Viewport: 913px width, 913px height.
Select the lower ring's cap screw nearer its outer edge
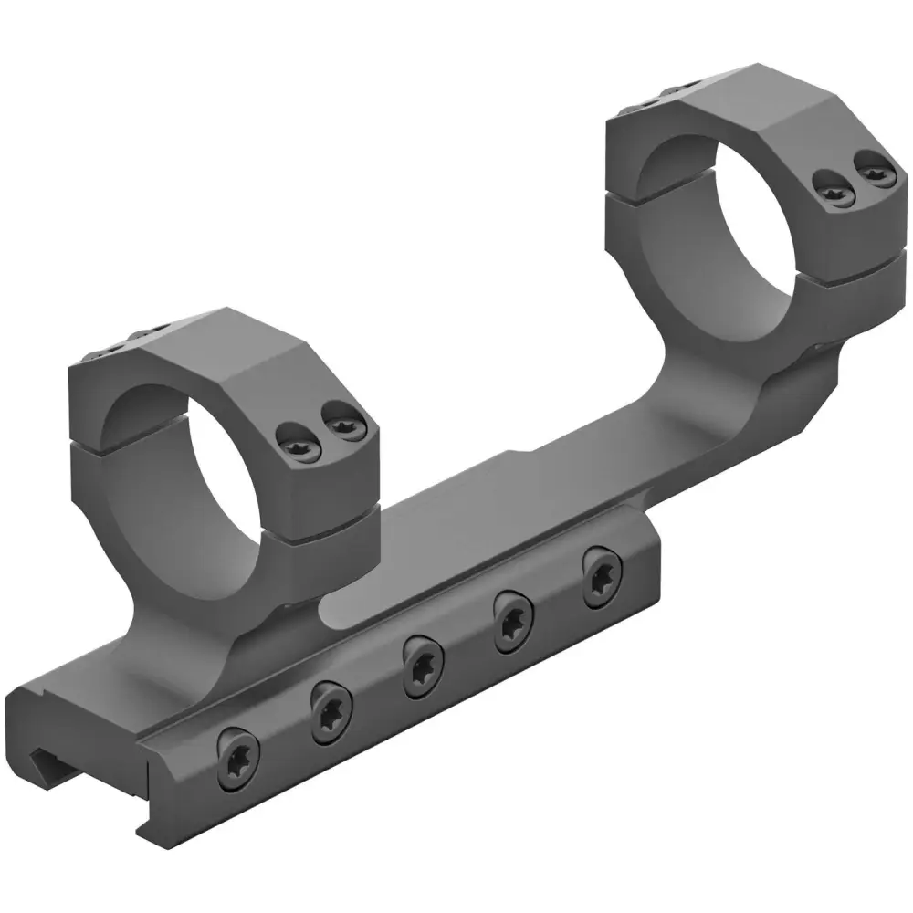[342, 425]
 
